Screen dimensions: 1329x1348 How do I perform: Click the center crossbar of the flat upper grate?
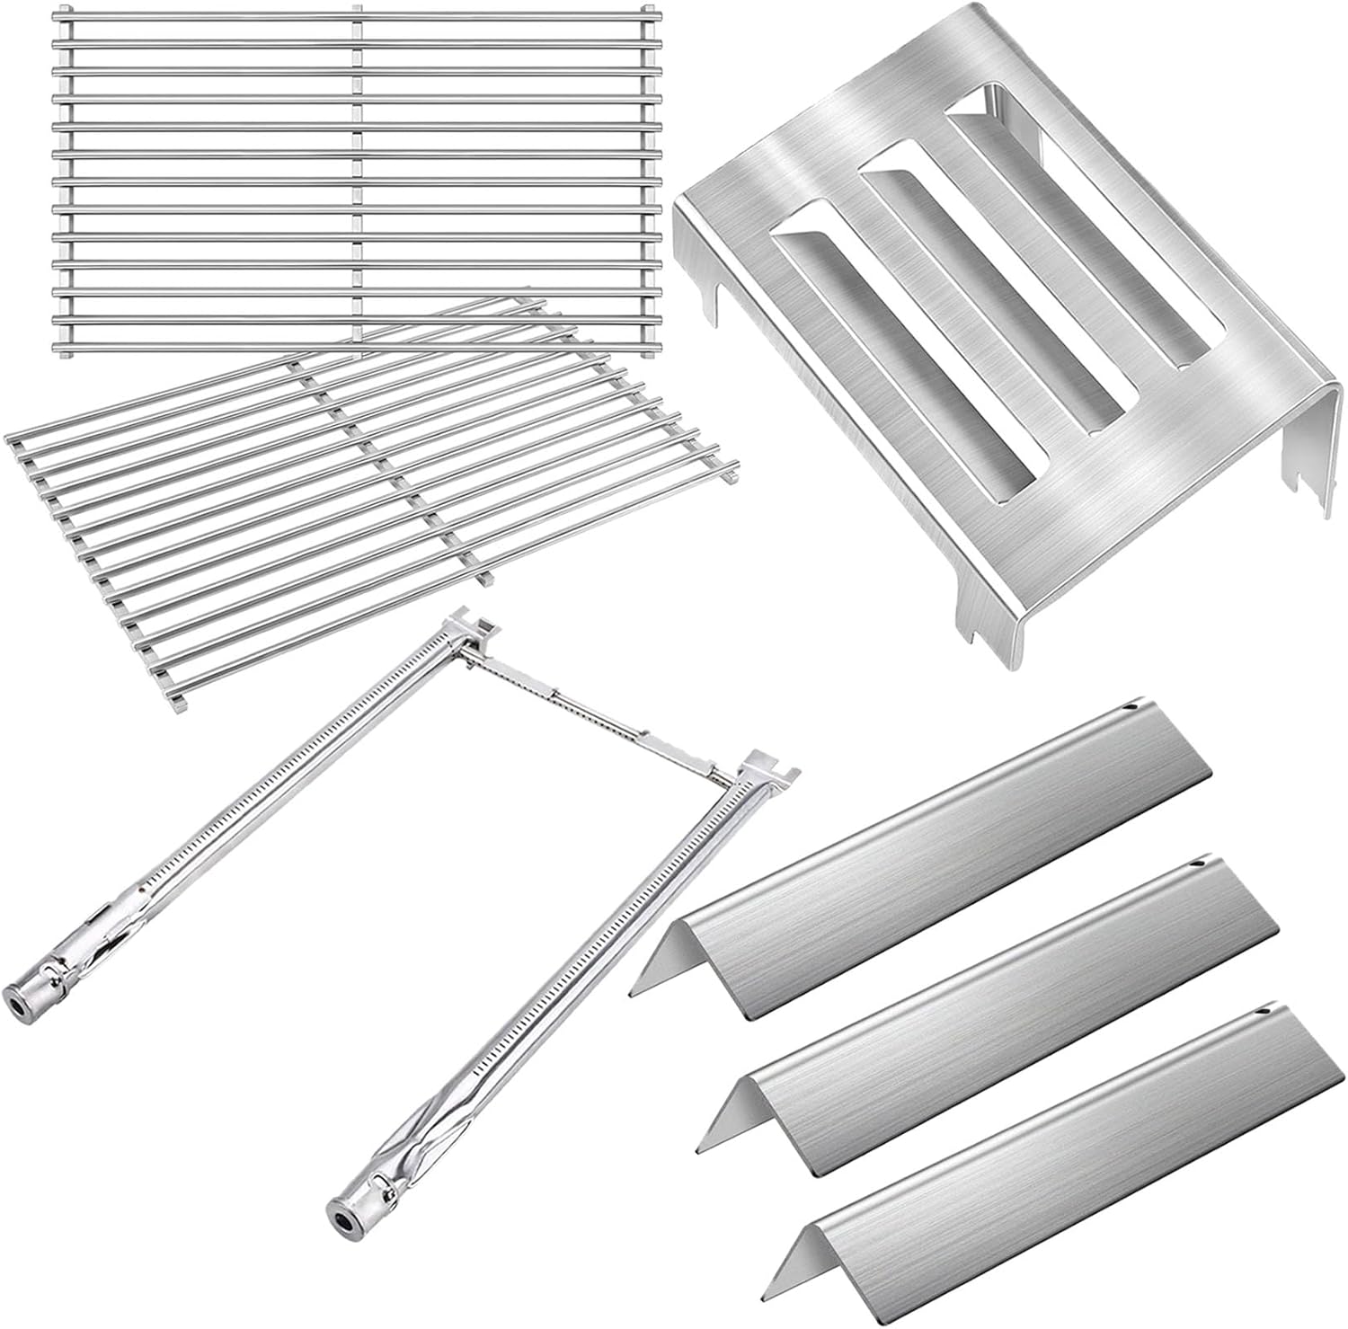[x=358, y=180]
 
